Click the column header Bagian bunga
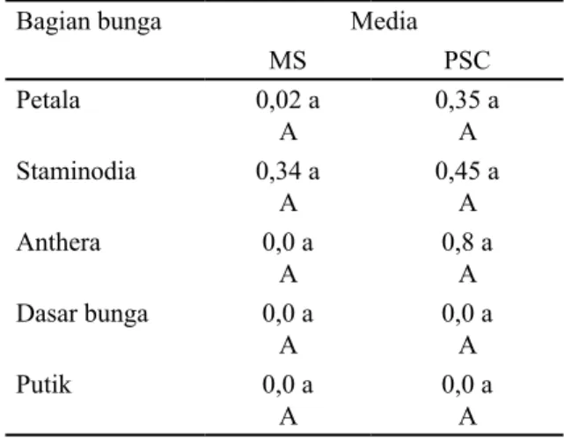[x=89, y=23]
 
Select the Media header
[x=384, y=21]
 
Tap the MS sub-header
[x=288, y=61]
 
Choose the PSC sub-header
[x=467, y=61]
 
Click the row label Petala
[x=48, y=99]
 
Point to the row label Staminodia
[x=77, y=171]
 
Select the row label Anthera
[x=59, y=242]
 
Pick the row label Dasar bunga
[x=83, y=315]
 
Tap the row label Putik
[x=44, y=384]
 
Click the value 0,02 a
[x=288, y=100]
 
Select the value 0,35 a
[x=467, y=100]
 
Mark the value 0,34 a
[x=288, y=172]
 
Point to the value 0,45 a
[x=467, y=172]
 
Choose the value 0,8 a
[x=467, y=243]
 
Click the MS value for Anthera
[x=288, y=243]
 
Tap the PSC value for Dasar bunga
[x=467, y=314]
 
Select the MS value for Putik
[x=288, y=384]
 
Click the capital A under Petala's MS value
[x=289, y=132]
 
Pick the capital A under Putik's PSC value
[x=467, y=417]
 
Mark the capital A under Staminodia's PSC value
[x=467, y=203]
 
